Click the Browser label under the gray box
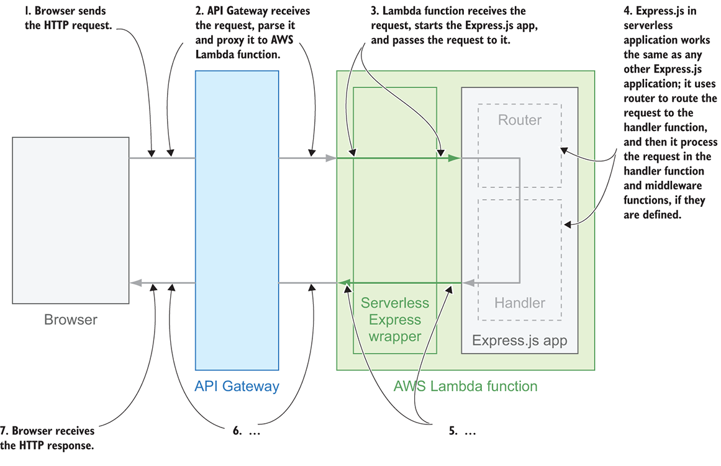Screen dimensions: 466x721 pos(71,321)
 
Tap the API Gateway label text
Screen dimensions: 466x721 pos(237,386)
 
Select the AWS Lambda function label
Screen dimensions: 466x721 pos(465,386)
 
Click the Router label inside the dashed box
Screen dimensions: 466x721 pos(520,120)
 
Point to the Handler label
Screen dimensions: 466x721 pos(520,303)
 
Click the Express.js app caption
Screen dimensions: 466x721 pos(520,341)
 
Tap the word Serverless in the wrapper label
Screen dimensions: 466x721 pos(395,303)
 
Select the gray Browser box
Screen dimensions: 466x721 pos(71,221)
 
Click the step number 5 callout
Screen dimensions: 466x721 pos(461,431)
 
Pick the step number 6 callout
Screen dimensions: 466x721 pos(245,431)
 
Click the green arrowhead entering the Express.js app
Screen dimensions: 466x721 pos(455,159)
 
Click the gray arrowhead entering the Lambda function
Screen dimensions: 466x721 pos(332,159)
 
